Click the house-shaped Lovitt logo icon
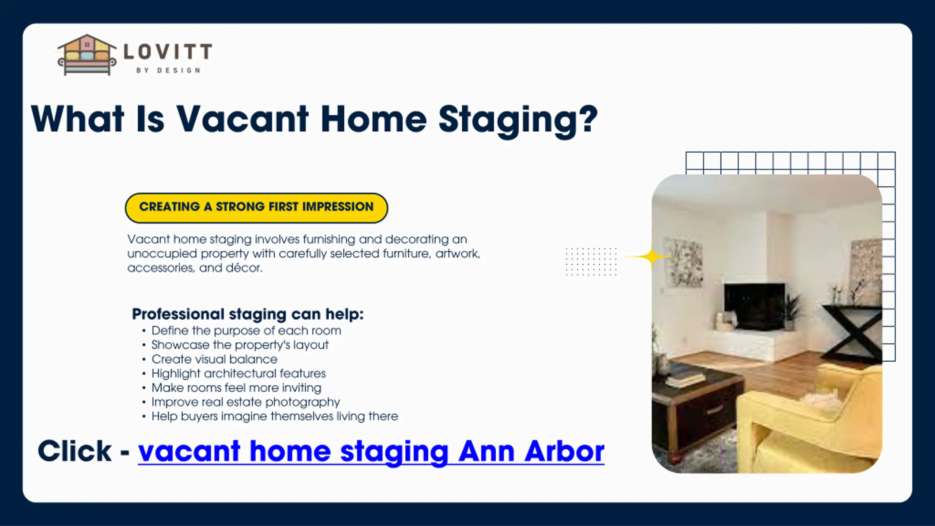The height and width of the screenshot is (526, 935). [87, 55]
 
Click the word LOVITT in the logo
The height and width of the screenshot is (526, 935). [168, 52]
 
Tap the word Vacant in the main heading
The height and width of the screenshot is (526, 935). [243, 119]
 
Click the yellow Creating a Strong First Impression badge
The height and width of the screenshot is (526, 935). [256, 207]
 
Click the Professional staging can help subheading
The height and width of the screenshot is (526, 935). [248, 314]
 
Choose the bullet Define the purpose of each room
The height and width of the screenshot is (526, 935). [246, 331]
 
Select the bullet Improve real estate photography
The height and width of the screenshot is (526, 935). [245, 402]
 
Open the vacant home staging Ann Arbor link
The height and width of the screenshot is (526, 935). [371, 451]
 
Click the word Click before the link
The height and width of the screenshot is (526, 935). [75, 451]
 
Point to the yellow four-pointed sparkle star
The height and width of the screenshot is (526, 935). [651, 257]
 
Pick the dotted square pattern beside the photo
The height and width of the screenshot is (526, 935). [591, 262]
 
